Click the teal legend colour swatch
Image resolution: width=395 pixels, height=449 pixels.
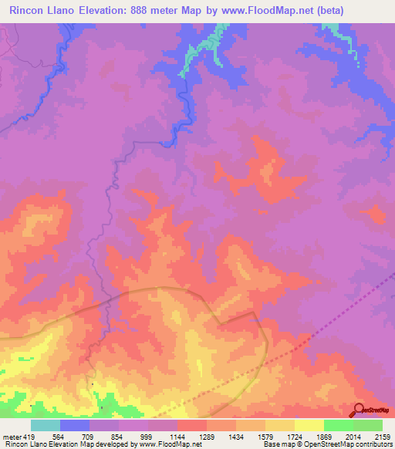46,425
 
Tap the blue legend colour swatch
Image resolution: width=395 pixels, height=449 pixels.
75,425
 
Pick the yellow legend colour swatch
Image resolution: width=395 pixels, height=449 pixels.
309,425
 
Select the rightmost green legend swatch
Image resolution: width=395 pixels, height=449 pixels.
368,425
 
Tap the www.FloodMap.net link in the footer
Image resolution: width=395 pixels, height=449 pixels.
162,444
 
